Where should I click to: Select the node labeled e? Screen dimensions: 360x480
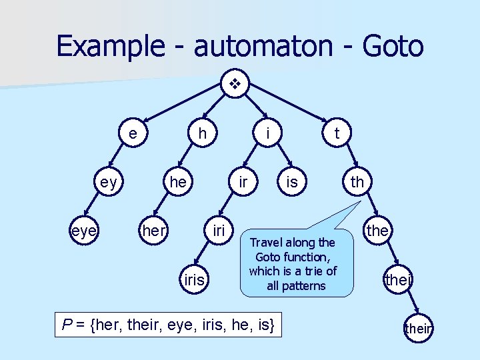[x=134, y=133]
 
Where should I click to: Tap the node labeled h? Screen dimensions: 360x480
[x=203, y=133]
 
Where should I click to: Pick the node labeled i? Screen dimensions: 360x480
[x=267, y=133]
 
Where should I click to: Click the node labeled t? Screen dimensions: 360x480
[x=337, y=133]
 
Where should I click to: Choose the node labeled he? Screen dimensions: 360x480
[x=178, y=181]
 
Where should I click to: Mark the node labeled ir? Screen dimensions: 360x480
[x=244, y=181]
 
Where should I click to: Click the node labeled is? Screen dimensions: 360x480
[x=291, y=181]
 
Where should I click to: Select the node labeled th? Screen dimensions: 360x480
[x=357, y=181]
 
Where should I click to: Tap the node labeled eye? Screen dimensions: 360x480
[x=84, y=230]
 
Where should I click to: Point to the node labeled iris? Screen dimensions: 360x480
[x=194, y=279]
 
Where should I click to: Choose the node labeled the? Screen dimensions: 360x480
[x=377, y=230]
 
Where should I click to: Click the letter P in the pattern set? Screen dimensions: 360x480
[x=66, y=325]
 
